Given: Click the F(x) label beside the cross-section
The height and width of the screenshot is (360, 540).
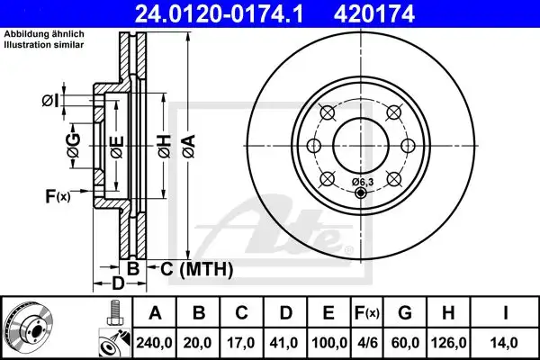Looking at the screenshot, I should pyautogui.click(x=56, y=196).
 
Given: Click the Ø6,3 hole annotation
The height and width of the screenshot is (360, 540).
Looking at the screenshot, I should pyautogui.click(x=360, y=183).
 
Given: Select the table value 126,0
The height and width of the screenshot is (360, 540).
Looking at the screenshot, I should pyautogui.click(x=447, y=341).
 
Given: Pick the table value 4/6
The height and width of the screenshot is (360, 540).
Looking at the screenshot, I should pyautogui.click(x=365, y=341).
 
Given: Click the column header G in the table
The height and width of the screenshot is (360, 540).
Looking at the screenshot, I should pyautogui.click(x=406, y=313).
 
